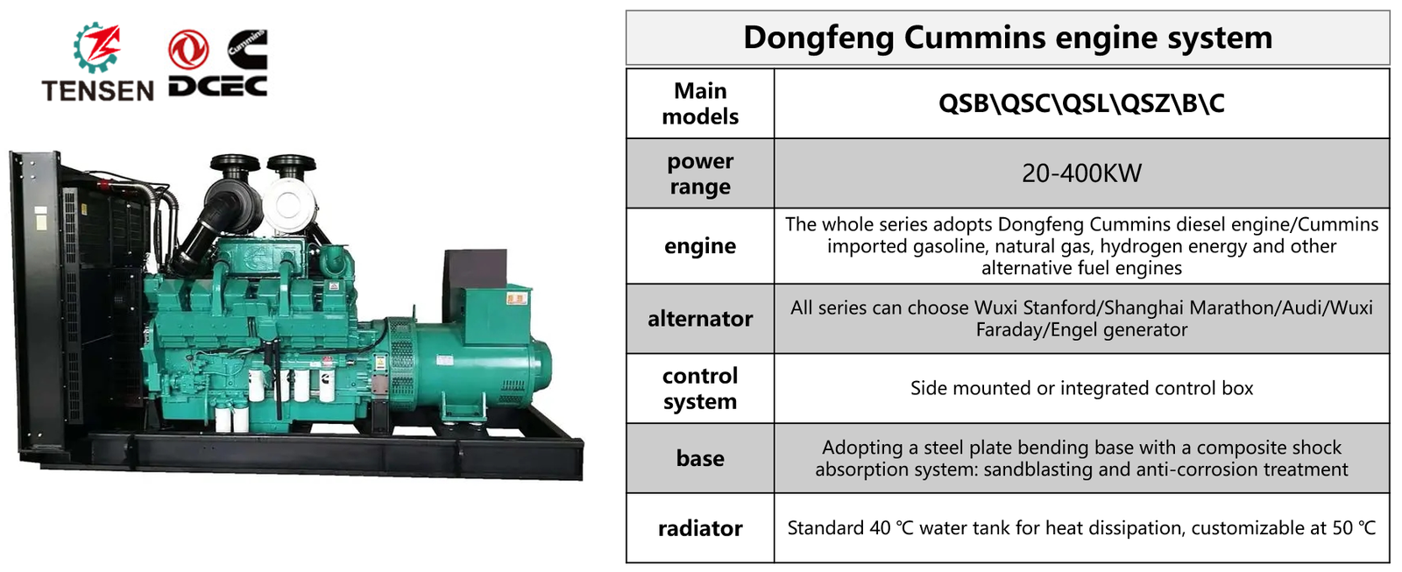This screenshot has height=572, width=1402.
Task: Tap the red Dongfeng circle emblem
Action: [x=188, y=49]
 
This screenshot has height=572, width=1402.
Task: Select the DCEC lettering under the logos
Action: [x=217, y=86]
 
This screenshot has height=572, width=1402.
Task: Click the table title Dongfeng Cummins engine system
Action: [x=1007, y=38]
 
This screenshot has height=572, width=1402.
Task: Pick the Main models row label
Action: [x=700, y=103]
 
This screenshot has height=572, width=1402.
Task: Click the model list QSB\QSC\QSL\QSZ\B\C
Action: [x=1081, y=103]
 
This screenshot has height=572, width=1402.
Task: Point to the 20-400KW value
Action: [x=1081, y=173]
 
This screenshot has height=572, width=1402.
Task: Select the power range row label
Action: [x=700, y=173]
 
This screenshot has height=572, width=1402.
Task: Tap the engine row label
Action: [x=700, y=246]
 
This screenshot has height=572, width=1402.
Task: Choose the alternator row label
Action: [x=700, y=319]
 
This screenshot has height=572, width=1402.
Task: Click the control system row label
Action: [x=700, y=388]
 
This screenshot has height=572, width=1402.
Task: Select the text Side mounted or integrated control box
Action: [x=1081, y=388]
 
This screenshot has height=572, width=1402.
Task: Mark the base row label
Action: [x=700, y=458]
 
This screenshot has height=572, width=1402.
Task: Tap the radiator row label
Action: [x=700, y=528]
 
